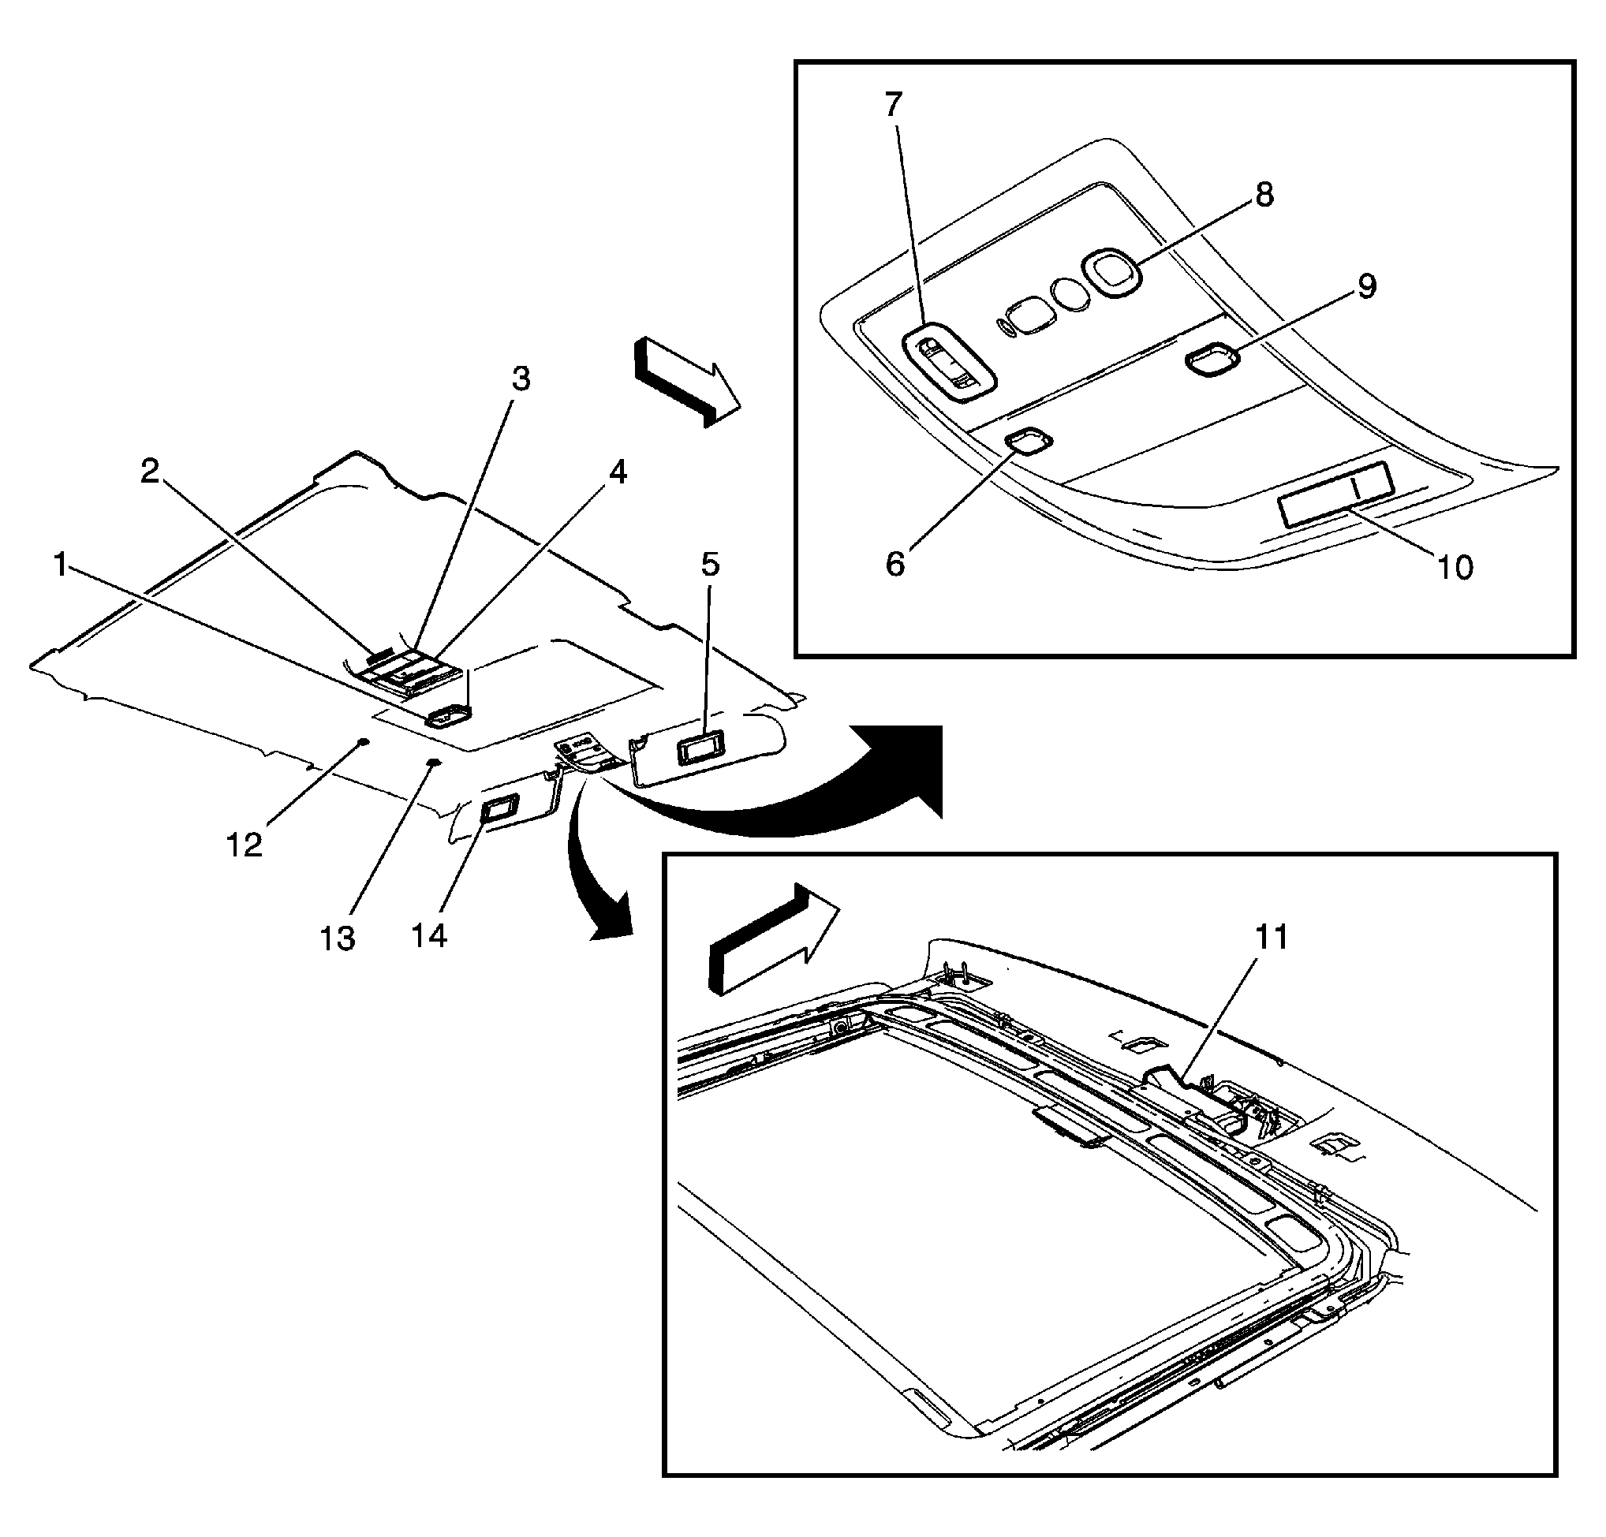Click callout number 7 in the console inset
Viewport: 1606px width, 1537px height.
point(893,105)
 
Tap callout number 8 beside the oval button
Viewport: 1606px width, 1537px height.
point(1264,195)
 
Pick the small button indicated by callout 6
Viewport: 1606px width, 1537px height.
point(1029,441)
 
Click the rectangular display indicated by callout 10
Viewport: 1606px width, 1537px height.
point(1335,494)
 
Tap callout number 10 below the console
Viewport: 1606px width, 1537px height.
point(1455,567)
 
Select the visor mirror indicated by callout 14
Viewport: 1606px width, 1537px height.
point(498,810)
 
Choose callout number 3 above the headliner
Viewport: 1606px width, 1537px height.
point(521,379)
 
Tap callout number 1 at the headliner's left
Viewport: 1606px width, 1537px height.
point(60,565)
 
